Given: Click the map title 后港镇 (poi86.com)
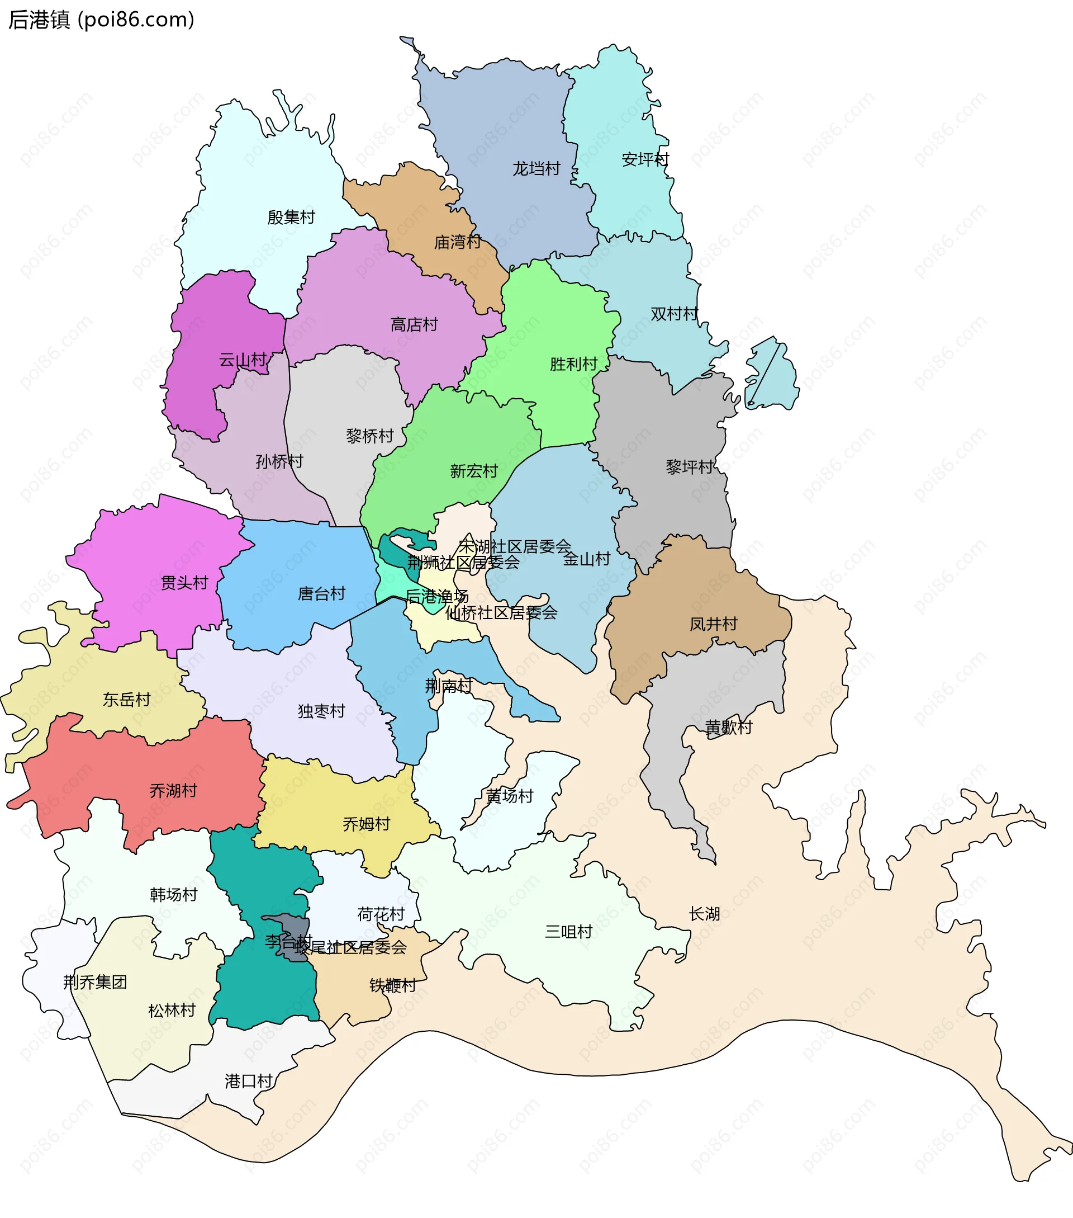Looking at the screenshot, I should [101, 20].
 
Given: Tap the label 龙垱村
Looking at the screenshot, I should [536, 169].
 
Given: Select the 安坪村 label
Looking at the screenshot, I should [645, 160].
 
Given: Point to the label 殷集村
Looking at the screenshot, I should [291, 218].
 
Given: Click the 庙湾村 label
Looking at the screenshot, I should [457, 243].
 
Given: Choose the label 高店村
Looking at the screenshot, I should [414, 325].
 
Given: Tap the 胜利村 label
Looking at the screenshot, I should [573, 364].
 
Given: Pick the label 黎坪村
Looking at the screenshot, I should [690, 466].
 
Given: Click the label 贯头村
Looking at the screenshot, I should [184, 583].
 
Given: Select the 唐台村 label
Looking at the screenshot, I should [321, 593].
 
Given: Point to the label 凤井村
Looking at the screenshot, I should [713, 624].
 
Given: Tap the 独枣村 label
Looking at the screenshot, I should [321, 711].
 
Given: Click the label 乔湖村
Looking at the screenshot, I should [173, 791].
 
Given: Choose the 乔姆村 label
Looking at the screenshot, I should [366, 824].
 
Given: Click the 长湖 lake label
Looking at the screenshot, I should [704, 914].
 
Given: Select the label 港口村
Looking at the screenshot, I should [248, 1081].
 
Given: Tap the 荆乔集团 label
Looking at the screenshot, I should [95, 982].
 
